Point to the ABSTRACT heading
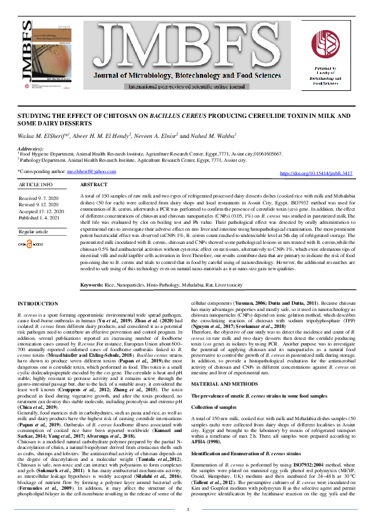(95, 186)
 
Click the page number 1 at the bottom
(186, 510)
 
